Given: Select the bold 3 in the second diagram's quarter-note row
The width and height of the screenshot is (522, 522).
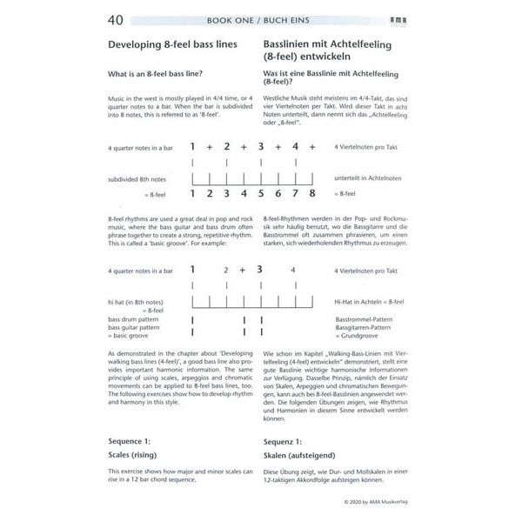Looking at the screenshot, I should click(259, 271).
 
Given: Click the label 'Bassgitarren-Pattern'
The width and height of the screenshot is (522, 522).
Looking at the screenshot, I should click(366, 328).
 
